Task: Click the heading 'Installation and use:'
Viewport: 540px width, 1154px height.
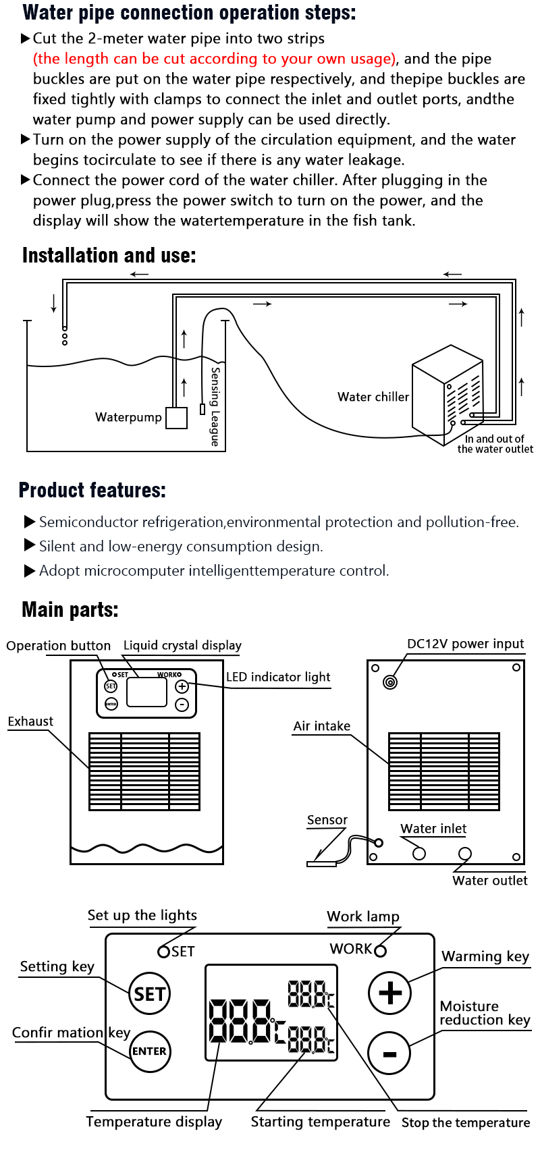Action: (109, 256)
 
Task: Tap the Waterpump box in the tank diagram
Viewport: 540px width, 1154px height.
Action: (177, 418)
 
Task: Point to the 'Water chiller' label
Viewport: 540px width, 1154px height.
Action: (373, 397)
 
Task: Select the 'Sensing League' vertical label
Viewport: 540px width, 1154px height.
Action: (215, 406)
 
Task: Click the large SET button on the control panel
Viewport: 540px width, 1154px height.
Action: (150, 993)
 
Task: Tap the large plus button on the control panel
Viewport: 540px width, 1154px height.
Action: (389, 993)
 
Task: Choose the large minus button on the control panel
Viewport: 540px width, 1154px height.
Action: (389, 1053)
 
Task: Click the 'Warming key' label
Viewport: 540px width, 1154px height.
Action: (485, 956)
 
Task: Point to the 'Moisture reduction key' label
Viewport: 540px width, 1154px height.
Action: (484, 1013)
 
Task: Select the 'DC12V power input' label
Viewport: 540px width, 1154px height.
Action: (465, 644)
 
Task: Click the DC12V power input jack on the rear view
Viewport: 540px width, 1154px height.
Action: (389, 682)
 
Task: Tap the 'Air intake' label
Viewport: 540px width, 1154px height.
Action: (322, 726)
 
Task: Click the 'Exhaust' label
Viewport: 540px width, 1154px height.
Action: (30, 721)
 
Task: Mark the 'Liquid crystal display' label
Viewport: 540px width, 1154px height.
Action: (182, 645)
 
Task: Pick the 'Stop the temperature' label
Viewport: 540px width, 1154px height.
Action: (466, 1122)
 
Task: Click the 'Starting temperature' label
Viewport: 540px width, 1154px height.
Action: (321, 1122)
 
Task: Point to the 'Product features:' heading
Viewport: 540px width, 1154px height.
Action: (92, 490)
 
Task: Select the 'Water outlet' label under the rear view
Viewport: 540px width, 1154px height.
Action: (490, 880)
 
